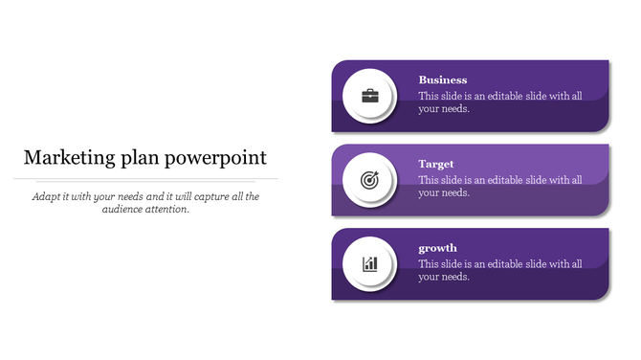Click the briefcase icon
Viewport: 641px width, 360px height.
[368, 96]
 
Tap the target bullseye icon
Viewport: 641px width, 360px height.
[368, 180]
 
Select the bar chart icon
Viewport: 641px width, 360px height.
[368, 263]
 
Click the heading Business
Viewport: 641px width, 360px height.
[443, 80]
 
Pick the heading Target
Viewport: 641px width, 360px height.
[436, 164]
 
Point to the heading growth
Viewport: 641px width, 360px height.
[438, 248]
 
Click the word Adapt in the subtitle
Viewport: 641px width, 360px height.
[47, 196]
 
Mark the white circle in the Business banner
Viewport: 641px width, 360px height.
[369, 96]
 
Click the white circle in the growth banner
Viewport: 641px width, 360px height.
[369, 263]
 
